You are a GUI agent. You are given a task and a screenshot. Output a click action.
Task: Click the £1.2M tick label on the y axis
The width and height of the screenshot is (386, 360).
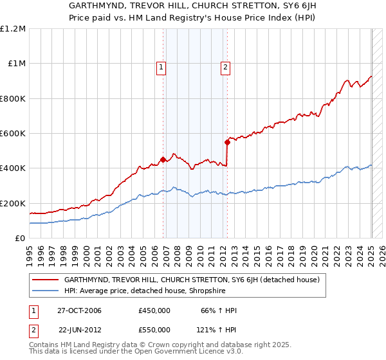click(13, 29)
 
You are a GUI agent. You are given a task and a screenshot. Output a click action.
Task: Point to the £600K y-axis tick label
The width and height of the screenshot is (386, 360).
click(13, 134)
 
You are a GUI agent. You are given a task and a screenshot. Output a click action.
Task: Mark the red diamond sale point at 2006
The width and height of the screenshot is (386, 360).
click(163, 159)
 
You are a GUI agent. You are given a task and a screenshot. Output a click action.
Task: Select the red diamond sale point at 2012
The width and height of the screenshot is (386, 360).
click(227, 142)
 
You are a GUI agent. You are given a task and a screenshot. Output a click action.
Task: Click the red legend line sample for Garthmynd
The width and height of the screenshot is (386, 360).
click(46, 280)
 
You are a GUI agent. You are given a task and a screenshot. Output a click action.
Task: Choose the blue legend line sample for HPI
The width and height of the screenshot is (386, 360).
click(46, 291)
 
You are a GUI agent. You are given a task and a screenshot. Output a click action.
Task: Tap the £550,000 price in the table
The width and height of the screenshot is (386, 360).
click(154, 329)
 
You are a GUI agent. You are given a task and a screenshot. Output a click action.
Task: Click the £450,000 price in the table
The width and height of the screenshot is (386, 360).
click(154, 311)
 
